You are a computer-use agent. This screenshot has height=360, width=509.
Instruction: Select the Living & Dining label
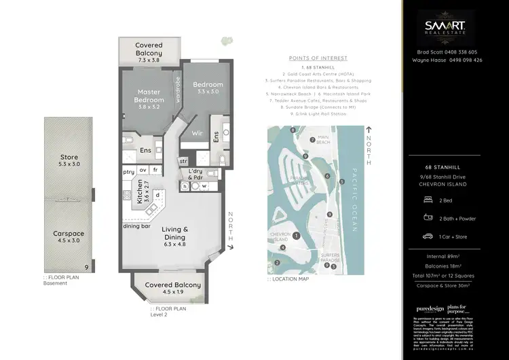(x=176, y=234)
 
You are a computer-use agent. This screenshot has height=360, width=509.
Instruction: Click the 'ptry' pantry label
(x=128, y=172)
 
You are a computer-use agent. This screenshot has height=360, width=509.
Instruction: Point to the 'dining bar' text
(x=136, y=226)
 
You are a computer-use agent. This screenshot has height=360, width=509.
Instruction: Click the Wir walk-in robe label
(x=197, y=134)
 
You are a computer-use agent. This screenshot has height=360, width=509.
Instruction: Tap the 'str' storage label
(x=183, y=161)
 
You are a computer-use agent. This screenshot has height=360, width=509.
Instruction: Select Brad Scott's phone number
(x=462, y=52)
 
